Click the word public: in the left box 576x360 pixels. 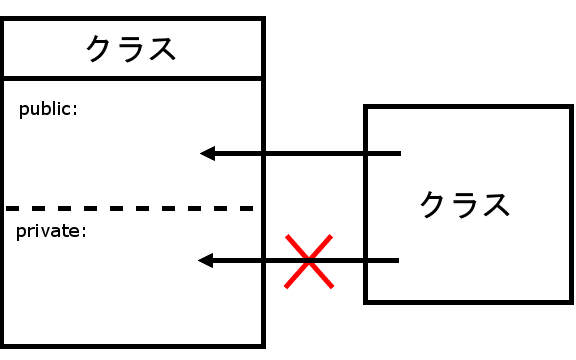48,109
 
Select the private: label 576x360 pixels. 52,232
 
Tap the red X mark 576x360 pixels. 309,261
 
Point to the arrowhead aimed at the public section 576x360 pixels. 208,153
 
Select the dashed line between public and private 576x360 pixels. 130,208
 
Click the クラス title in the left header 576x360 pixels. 131,49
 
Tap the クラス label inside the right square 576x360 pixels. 464,204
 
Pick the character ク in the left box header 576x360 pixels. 100,49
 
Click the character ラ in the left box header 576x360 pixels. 131,49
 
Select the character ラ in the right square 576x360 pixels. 464,204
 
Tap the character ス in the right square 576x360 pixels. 495,204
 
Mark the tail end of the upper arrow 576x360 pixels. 398,153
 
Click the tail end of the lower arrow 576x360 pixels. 397,261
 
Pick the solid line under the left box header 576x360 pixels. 132,77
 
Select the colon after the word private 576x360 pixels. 85,233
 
